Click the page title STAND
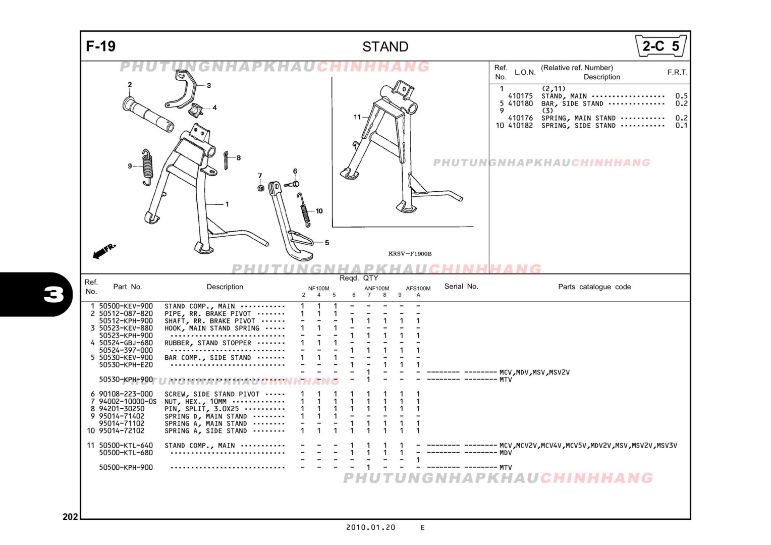coord(385,47)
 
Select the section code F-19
coord(101,46)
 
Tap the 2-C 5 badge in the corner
coord(660,46)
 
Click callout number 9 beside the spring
coord(130,166)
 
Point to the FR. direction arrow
coord(104,250)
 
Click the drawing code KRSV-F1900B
coord(410,254)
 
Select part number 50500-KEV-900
coord(126,306)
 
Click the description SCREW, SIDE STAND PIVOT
coord(212,394)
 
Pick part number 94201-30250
coord(122,409)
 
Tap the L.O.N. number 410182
coord(520,126)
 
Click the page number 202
coord(70,516)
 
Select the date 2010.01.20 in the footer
coord(370,527)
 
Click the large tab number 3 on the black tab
coord(53,294)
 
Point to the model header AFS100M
coord(418,289)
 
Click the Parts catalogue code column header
coord(594,287)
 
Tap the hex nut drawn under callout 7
coord(261,188)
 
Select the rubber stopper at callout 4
coord(197,110)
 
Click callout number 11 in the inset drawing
coord(357,117)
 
